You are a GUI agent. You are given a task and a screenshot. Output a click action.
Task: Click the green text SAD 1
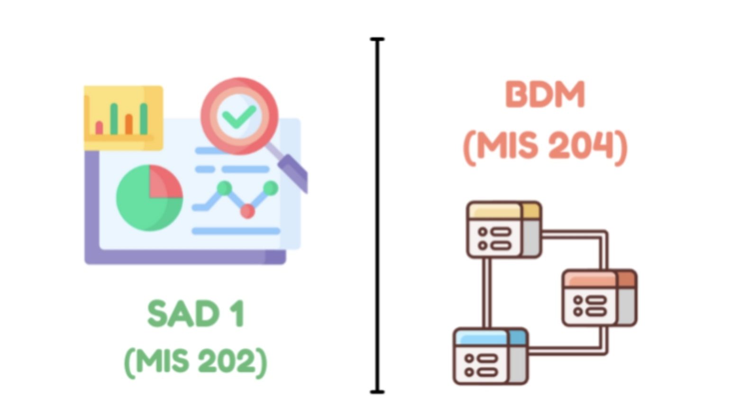(195, 314)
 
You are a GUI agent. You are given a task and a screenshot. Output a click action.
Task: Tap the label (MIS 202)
(195, 362)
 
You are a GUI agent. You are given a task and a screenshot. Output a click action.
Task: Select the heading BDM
(545, 95)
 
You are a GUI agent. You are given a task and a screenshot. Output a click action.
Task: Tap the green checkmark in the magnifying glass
(239, 116)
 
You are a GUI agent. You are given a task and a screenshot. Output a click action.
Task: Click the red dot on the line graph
(247, 211)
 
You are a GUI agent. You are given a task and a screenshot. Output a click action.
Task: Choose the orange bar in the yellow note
(129, 124)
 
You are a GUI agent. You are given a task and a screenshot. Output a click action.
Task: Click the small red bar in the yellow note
(99, 127)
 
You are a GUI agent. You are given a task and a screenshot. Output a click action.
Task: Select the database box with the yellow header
(503, 230)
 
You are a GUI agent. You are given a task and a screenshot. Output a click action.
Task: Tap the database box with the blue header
(490, 356)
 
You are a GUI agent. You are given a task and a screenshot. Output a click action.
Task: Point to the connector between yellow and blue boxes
(487, 293)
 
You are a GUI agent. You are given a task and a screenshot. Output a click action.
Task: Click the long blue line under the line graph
(236, 231)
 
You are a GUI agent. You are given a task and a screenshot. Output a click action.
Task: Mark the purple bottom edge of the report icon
(185, 257)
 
